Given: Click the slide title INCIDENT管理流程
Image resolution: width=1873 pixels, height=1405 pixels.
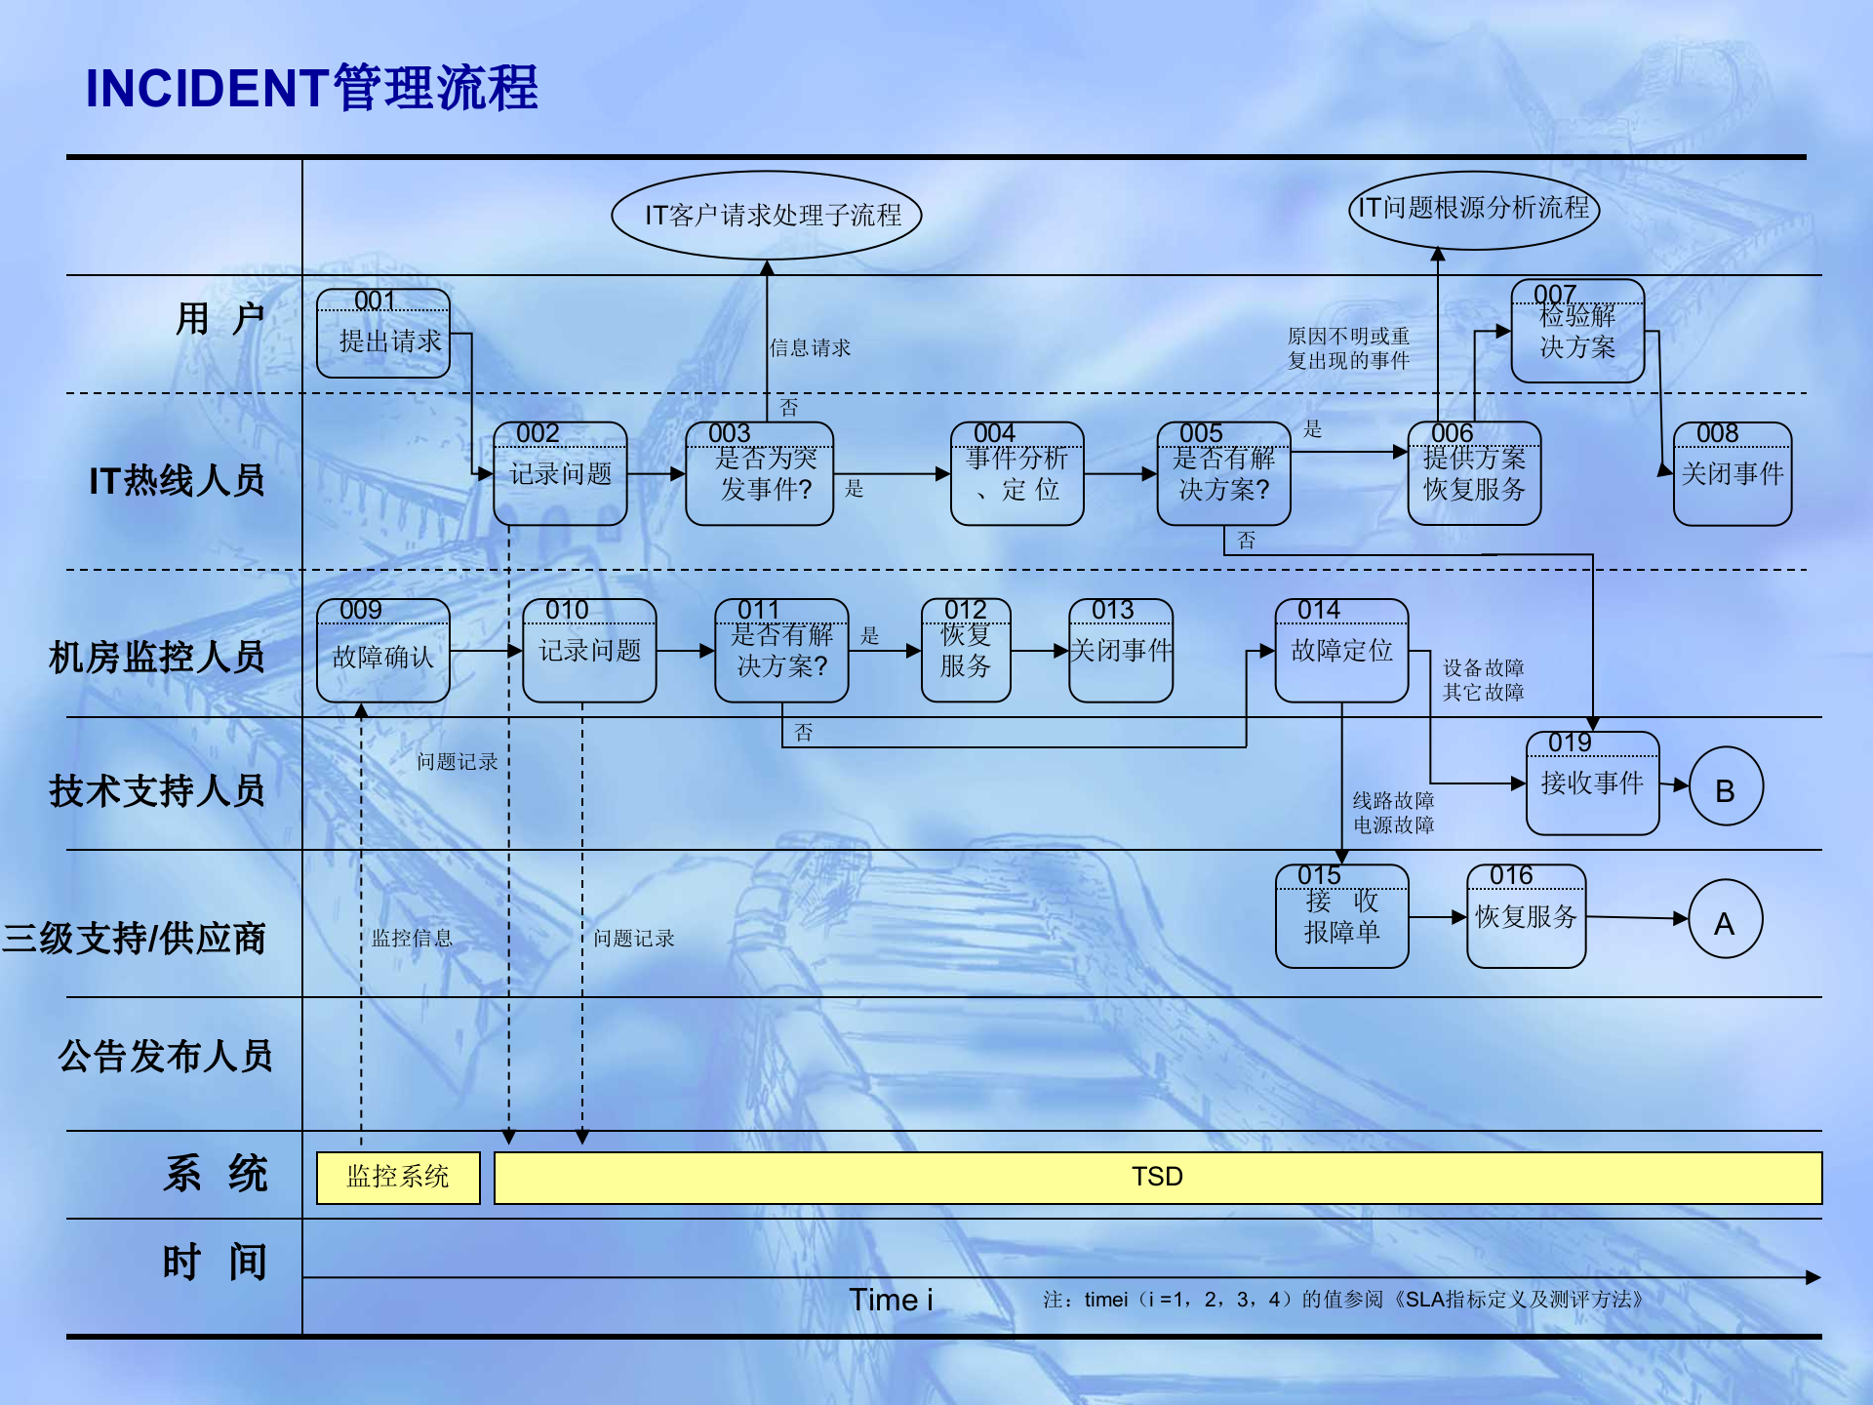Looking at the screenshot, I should point(312,88).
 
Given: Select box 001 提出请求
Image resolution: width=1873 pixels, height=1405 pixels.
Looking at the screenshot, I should point(383,335).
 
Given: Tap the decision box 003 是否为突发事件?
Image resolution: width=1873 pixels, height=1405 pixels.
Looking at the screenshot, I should point(759,474).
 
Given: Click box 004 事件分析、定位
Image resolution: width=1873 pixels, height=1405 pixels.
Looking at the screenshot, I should point(1016,474).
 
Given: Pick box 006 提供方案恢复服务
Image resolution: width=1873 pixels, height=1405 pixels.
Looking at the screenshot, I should point(1474,474).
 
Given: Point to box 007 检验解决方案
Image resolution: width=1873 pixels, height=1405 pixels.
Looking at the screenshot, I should point(1577,332).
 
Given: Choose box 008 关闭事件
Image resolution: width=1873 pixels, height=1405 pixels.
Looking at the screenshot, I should point(1732,474).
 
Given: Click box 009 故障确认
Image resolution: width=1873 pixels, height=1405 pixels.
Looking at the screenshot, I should point(383,652).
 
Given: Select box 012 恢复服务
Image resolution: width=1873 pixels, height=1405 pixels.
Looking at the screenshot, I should point(966,652).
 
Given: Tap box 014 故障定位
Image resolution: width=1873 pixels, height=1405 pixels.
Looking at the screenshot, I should point(1341,652).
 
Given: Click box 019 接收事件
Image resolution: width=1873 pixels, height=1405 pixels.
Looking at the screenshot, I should point(1592,783).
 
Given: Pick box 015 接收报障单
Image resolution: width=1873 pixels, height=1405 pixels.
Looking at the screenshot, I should point(1341,917).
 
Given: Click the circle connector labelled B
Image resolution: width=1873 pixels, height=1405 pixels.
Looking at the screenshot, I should point(1726,787).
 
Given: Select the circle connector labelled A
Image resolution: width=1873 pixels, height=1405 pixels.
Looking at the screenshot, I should point(1725,920).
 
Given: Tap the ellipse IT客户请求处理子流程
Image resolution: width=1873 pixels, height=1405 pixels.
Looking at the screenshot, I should point(767,216).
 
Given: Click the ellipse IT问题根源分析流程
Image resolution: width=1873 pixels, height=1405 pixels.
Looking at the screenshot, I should point(1474,209).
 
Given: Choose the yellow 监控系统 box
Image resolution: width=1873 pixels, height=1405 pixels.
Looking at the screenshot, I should point(398,1178).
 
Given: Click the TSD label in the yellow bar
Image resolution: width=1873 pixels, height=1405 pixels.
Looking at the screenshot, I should point(1158,1178).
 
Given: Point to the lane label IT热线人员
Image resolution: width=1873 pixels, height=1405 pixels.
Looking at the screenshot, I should point(177,481).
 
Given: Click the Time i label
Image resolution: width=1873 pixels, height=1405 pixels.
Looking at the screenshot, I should point(891,1300).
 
